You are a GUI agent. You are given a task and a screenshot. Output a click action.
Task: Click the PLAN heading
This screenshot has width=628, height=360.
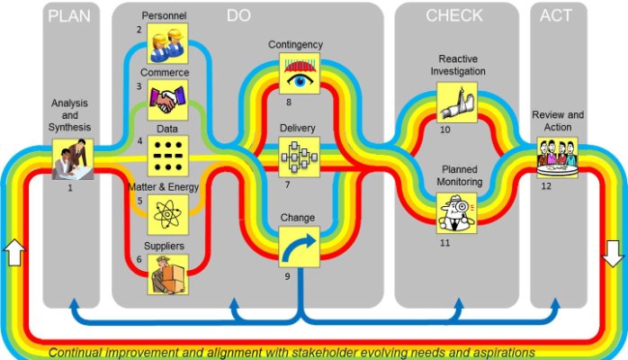coord(71,15)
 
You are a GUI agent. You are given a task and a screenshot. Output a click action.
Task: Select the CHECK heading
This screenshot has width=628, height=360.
coord(454,15)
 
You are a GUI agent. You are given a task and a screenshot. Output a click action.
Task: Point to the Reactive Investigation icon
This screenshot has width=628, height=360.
coord(456,102)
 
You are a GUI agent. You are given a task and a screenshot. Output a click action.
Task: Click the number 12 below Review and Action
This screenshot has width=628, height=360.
coord(545,185)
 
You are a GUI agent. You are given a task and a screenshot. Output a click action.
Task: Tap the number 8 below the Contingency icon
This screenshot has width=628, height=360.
coord(289,103)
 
